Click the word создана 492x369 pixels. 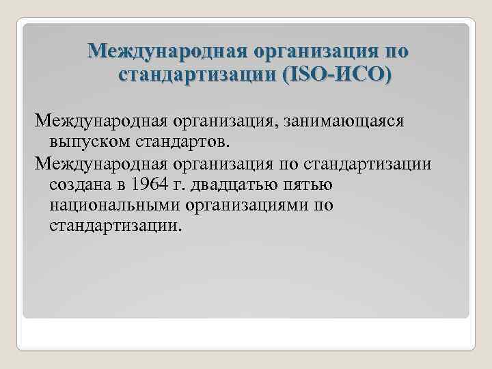click(79, 185)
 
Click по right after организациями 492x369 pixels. click(322, 205)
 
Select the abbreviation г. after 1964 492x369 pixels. click(180, 185)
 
